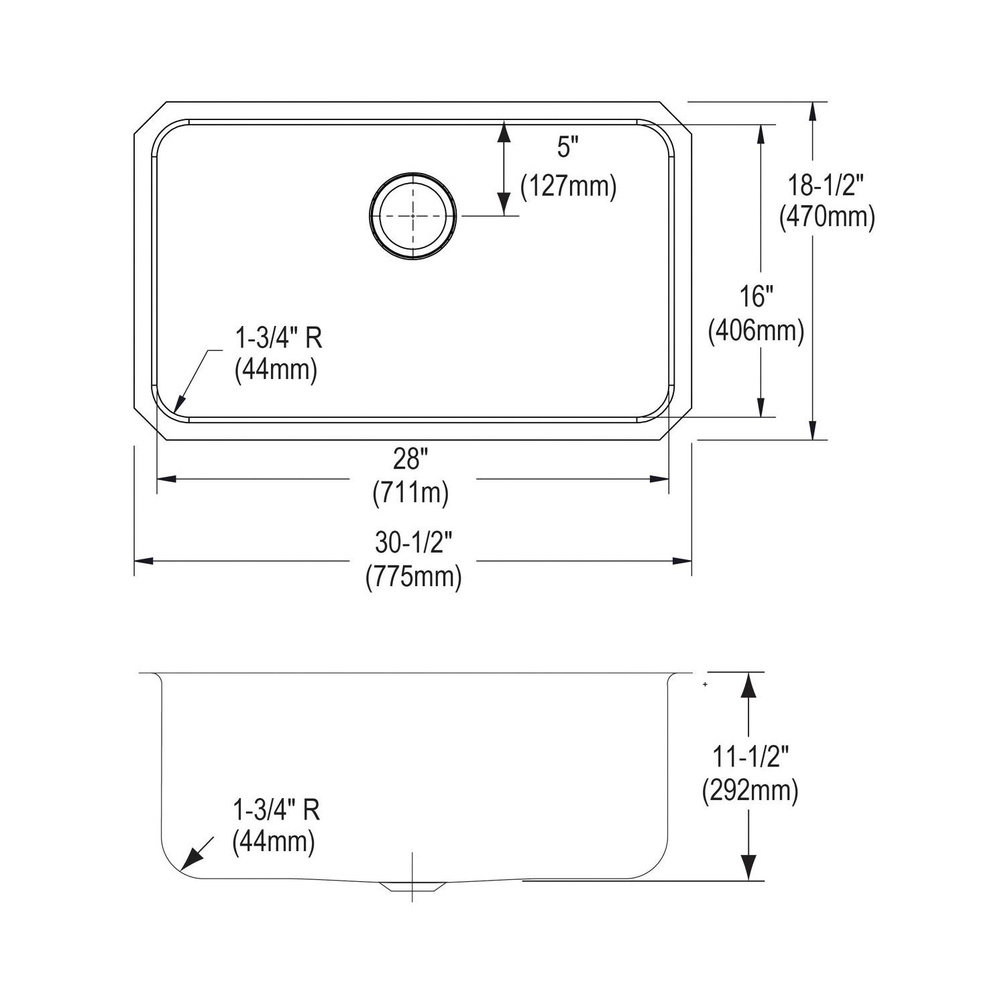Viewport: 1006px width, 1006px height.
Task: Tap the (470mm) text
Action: point(827,217)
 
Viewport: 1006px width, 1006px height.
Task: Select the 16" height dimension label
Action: point(757,297)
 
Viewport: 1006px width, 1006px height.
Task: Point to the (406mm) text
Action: point(757,330)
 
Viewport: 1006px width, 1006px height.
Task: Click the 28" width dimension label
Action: point(410,459)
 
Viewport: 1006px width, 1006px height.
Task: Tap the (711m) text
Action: point(410,493)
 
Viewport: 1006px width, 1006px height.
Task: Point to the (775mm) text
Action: point(414,576)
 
